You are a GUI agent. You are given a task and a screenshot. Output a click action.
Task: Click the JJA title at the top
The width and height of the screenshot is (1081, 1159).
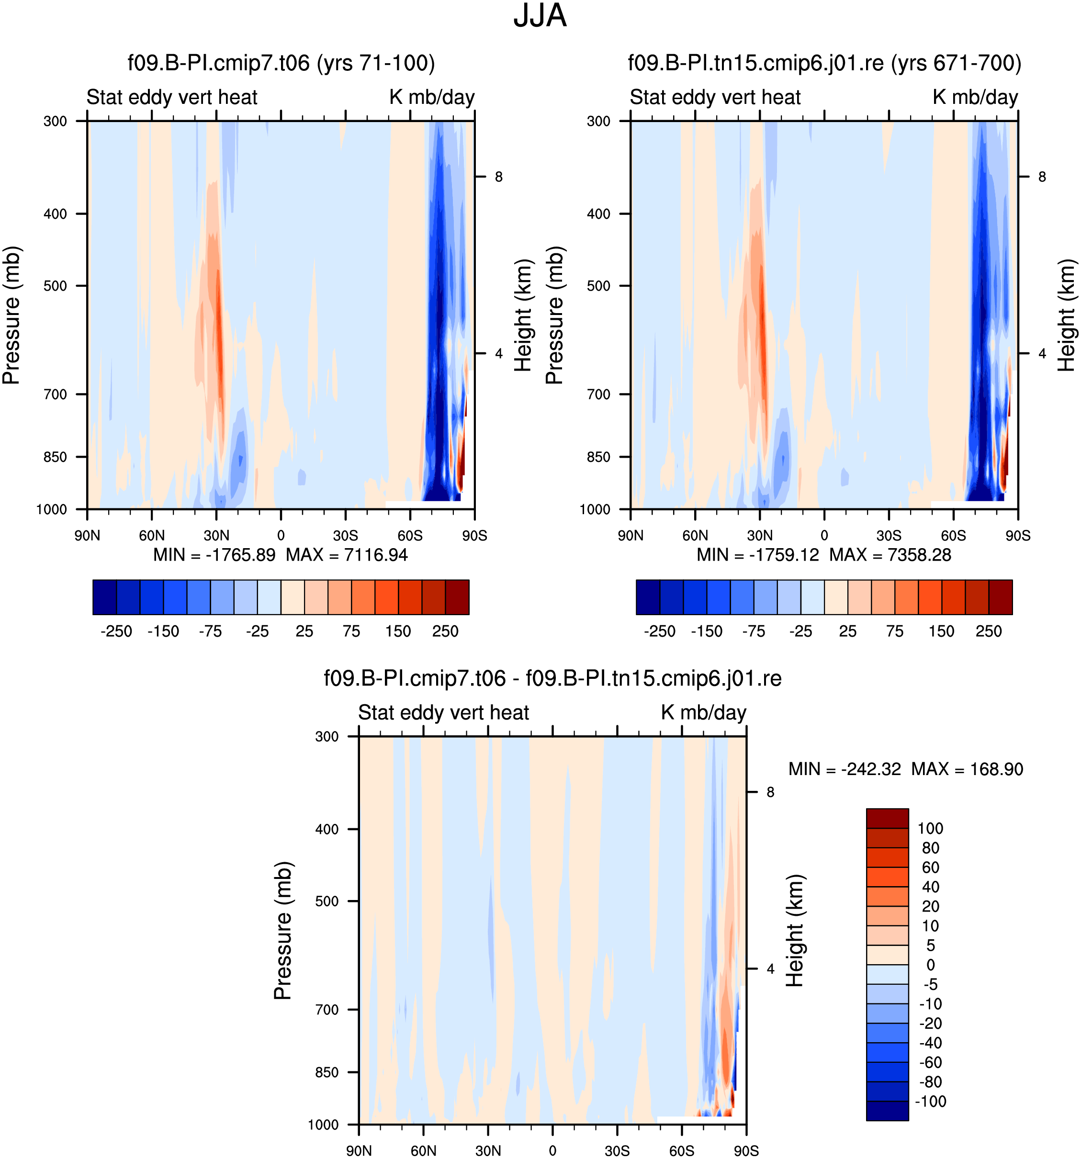pyautogui.click(x=540, y=16)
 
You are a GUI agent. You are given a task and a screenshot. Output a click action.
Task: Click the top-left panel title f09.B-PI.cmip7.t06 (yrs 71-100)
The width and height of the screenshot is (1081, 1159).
pyautogui.click(x=281, y=63)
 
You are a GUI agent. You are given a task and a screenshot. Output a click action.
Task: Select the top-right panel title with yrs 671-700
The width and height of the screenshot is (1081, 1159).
pyautogui.click(x=824, y=63)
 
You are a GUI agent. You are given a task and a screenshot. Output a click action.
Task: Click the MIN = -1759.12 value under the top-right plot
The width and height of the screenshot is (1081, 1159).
pyautogui.click(x=757, y=554)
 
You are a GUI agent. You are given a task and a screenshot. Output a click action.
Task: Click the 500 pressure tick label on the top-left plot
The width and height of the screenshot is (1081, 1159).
pyautogui.click(x=56, y=286)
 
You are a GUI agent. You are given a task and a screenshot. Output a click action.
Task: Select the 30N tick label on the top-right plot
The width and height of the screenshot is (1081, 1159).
pyautogui.click(x=760, y=535)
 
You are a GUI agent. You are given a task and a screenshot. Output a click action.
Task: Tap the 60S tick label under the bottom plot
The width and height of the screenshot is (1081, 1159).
pyautogui.click(x=682, y=1151)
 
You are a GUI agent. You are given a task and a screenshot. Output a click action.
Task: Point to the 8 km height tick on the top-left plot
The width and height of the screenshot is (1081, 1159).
pyautogui.click(x=498, y=177)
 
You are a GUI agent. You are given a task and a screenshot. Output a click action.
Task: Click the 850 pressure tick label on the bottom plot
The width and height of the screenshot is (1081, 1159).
pyautogui.click(x=327, y=1072)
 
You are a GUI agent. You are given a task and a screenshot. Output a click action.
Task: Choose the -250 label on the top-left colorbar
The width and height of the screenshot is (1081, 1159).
pyautogui.click(x=116, y=631)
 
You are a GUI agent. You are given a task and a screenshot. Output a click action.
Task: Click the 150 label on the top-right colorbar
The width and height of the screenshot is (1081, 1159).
pyautogui.click(x=941, y=631)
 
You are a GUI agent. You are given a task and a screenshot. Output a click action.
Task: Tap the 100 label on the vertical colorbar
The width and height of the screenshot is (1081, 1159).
pyautogui.click(x=930, y=829)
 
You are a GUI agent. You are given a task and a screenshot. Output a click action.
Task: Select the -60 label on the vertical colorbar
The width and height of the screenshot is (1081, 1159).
pyautogui.click(x=930, y=1062)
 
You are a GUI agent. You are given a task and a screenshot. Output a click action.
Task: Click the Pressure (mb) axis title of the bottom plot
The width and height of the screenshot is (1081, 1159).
pyautogui.click(x=283, y=931)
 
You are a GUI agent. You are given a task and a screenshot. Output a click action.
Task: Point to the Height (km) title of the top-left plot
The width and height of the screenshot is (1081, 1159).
pyautogui.click(x=524, y=315)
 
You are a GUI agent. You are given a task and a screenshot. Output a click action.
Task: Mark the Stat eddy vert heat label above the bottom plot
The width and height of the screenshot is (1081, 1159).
pyautogui.click(x=443, y=712)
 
